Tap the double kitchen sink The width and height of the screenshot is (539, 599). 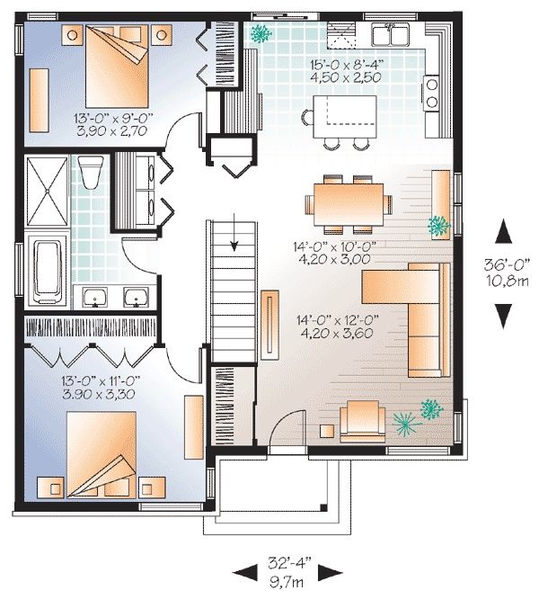[391, 34]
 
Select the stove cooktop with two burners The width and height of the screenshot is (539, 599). [431, 94]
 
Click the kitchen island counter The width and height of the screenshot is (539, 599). [345, 116]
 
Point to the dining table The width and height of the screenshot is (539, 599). [349, 204]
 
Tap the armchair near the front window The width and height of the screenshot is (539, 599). [362, 421]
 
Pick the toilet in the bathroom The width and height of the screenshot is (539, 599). [91, 172]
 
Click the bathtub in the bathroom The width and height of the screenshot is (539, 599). [48, 273]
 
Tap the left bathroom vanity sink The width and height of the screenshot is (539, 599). [95, 298]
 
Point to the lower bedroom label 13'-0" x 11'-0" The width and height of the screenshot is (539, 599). [101, 380]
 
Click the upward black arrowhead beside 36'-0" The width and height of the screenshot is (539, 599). [504, 231]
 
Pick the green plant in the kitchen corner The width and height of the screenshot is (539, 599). [261, 33]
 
